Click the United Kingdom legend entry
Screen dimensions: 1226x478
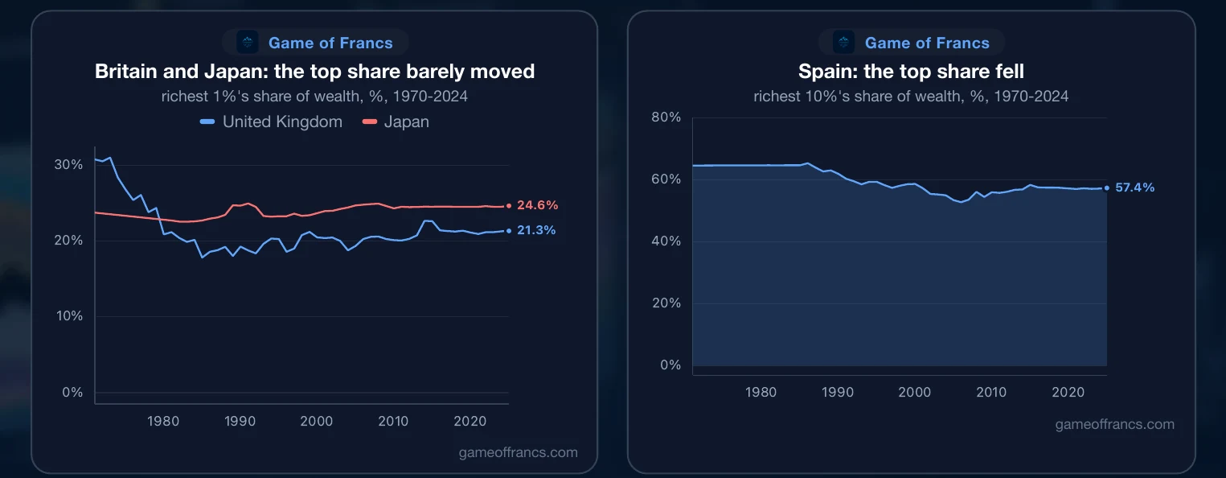[x=271, y=122]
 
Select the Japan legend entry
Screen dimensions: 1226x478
[x=396, y=122]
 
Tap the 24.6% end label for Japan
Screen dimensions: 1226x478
[x=538, y=205]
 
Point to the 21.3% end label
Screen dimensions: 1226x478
[x=536, y=230]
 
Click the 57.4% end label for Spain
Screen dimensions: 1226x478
[x=1134, y=187]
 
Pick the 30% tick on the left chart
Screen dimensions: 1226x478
[x=68, y=164]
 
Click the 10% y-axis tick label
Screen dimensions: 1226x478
[x=69, y=315]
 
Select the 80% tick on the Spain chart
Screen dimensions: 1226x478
[x=666, y=117]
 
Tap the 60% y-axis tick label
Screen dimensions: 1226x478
[x=666, y=179]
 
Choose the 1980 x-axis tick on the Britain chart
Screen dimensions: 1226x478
[x=163, y=421]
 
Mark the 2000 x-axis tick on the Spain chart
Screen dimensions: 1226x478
[x=915, y=392]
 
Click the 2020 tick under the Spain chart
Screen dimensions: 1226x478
[x=1068, y=392]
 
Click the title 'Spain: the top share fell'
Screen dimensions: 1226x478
[x=911, y=72]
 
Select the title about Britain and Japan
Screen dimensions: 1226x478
[x=314, y=72]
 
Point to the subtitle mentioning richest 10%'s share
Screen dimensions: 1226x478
[x=911, y=97]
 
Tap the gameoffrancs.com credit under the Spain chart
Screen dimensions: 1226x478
[x=1114, y=424]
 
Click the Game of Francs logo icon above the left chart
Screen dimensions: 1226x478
[x=248, y=42]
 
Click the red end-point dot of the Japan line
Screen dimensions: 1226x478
[x=509, y=205]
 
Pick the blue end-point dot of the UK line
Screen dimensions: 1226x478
[x=509, y=231]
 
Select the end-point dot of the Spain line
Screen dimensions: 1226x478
[x=1107, y=188]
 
